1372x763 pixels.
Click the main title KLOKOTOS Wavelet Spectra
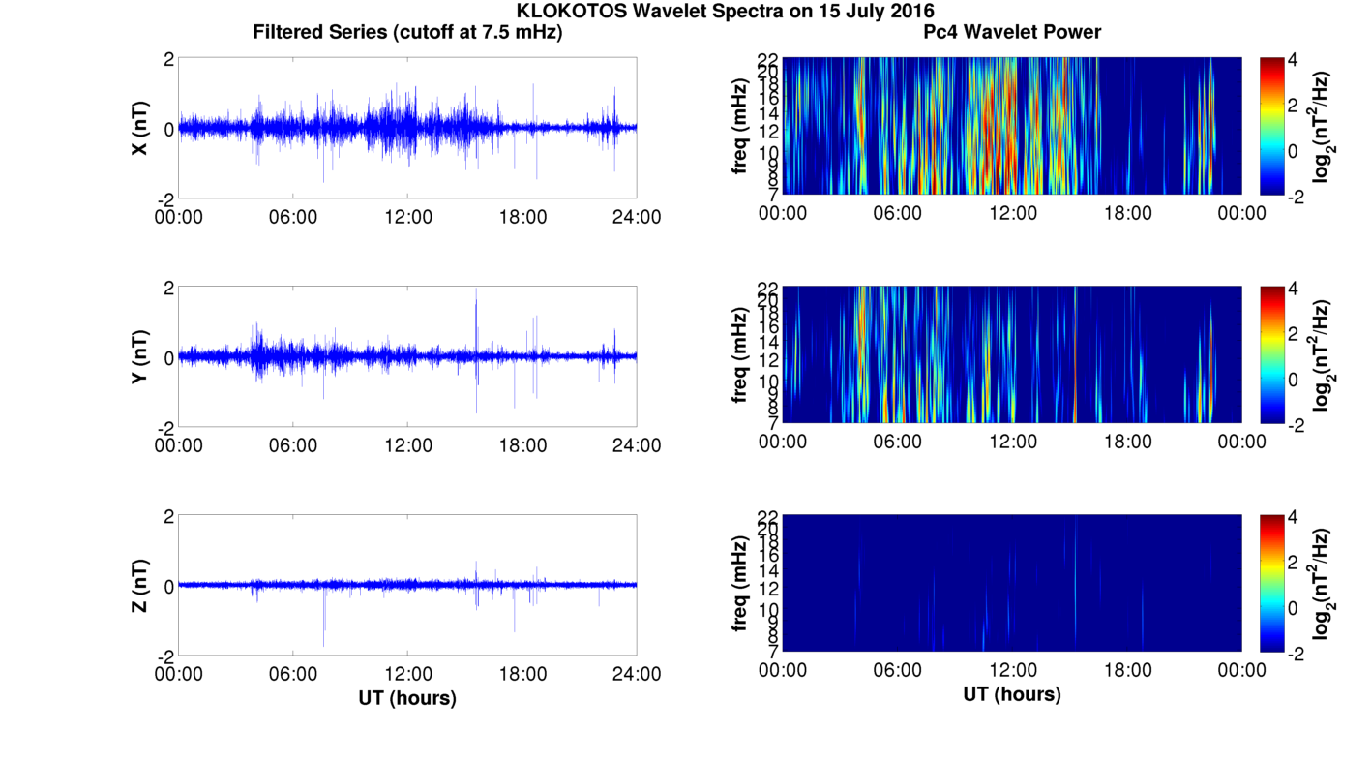(x=726, y=11)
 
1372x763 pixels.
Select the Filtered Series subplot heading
(x=407, y=32)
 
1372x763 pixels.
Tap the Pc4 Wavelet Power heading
(x=1012, y=32)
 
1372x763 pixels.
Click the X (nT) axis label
(x=140, y=129)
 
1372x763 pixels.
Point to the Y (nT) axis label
(x=140, y=357)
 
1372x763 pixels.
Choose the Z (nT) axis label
(x=140, y=586)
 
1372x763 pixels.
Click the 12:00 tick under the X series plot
(x=407, y=217)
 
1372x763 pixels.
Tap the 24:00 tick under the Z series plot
(x=637, y=674)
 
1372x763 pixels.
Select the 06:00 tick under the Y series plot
(x=293, y=445)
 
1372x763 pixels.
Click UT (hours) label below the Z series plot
(x=407, y=697)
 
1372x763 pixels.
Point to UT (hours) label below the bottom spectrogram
(x=1012, y=694)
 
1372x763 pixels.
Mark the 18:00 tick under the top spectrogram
(x=1127, y=213)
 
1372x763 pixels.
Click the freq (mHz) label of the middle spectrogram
(x=741, y=354)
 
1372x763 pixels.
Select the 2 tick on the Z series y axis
(x=168, y=517)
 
